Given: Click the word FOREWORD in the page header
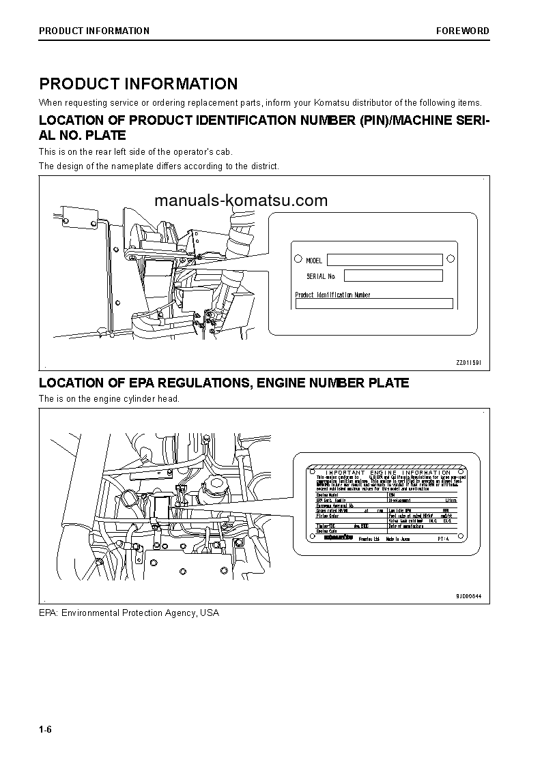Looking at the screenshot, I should tap(463, 31).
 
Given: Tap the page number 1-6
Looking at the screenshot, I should tap(46, 730).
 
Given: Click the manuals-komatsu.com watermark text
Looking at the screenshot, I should tap(241, 201).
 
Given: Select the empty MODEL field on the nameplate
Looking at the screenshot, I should tap(384, 260).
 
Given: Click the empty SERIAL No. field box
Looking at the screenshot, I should tap(393, 276).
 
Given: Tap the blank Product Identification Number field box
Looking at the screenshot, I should tap(373, 304).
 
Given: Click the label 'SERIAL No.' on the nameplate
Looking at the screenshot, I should tap(322, 276).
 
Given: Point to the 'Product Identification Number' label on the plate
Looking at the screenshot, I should tap(332, 295).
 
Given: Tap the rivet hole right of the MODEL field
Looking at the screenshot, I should tap(450, 259).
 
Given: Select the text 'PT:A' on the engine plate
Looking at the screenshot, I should tap(444, 538).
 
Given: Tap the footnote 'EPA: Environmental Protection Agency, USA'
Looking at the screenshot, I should tap(129, 613).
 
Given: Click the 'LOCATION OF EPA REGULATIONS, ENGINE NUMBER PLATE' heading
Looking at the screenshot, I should tap(224, 383).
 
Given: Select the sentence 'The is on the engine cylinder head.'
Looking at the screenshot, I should tap(109, 398).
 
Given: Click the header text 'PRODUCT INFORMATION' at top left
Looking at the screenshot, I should tap(94, 31).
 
